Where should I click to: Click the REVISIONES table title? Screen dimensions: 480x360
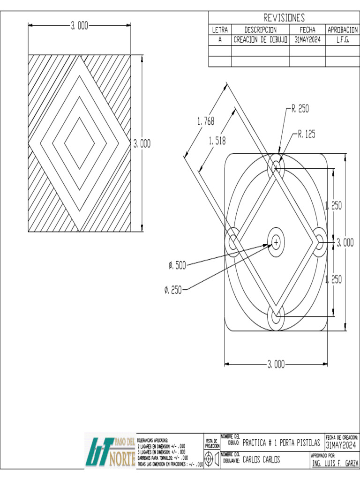tap(284, 18)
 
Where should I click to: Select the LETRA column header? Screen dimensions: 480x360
tap(220, 30)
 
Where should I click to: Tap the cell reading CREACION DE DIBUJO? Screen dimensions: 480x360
tap(260, 40)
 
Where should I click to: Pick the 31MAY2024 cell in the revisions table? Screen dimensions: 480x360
tap(307, 40)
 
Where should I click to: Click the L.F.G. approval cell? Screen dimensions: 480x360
tap(343, 40)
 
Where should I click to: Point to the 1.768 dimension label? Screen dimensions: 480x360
tap(206, 121)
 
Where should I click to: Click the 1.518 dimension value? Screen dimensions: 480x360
tap(217, 140)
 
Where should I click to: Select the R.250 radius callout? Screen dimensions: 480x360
tap(300, 109)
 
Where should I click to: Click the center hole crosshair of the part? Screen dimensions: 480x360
tap(276, 242)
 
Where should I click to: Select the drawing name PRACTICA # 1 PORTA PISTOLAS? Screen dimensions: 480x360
tap(281, 443)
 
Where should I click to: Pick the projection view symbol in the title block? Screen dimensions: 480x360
tap(211, 460)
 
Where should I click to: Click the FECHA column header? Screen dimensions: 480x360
tap(307, 30)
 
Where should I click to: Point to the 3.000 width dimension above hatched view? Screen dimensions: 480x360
tap(80, 26)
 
